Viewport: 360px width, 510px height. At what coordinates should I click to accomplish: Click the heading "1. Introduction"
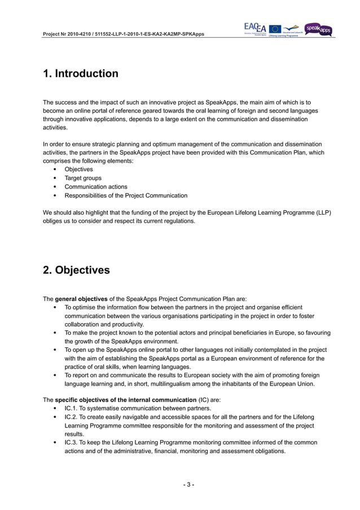(x=81, y=74)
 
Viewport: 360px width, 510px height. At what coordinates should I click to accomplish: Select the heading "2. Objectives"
(x=76, y=270)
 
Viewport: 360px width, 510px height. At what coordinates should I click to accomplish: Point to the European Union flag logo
(x=275, y=29)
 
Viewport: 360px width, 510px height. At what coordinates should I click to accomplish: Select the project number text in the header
(x=124, y=34)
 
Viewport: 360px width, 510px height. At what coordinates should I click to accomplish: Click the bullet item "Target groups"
(x=83, y=178)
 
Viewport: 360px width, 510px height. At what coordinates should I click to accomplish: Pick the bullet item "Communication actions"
(x=96, y=186)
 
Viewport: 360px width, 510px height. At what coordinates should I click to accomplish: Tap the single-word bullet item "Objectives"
(x=79, y=169)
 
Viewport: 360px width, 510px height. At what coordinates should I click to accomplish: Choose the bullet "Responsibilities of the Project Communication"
(x=126, y=195)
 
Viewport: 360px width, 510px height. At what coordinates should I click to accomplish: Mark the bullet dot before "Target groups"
(x=54, y=178)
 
